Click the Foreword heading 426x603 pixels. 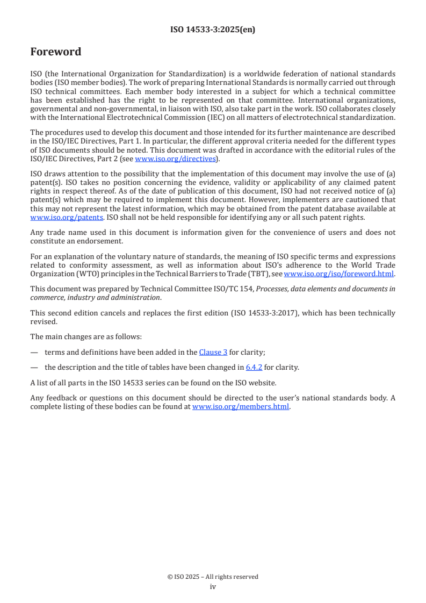coord(56,52)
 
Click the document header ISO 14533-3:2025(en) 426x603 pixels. coord(213,30)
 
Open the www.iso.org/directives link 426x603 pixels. coord(175,159)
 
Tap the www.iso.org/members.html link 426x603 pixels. coord(241,407)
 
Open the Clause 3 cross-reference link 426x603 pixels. coord(213,353)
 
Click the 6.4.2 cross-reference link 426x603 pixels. coord(252,368)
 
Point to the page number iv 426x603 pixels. coord(213,586)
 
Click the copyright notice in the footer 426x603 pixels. coord(213,577)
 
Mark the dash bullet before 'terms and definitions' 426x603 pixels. coord(34,353)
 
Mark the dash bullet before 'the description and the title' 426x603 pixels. coord(34,368)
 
